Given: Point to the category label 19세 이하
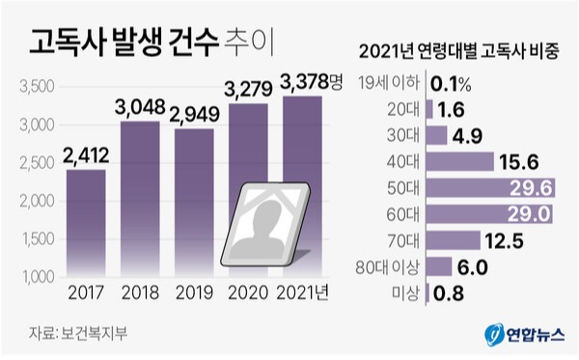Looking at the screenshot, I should [388, 83].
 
